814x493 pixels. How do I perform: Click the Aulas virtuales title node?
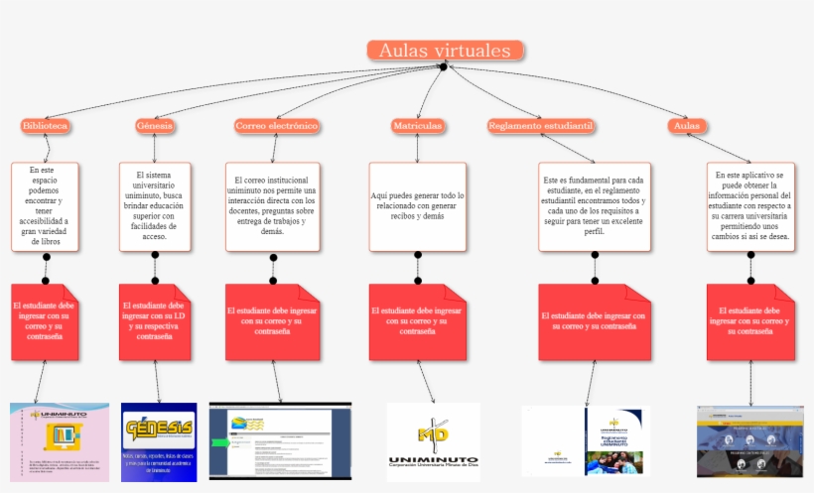coord(445,51)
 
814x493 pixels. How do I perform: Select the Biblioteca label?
coord(45,126)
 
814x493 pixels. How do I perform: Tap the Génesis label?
coord(154,126)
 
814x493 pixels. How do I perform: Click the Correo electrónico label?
coord(277,126)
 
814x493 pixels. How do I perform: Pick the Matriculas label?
coord(417,126)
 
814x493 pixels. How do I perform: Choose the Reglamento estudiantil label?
coord(541,126)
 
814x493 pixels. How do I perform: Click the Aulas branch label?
coord(686,126)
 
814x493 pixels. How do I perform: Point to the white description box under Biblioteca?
coord(45,206)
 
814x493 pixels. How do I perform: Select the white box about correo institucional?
coord(273,206)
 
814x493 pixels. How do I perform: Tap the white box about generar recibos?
coord(417,206)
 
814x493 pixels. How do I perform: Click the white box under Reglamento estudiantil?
coord(595,206)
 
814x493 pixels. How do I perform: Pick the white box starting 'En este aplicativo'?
coord(750,206)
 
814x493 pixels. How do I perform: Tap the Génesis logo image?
coord(159,442)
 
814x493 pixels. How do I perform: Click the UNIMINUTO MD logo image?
coord(433,441)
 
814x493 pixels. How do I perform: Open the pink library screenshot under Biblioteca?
coord(60,441)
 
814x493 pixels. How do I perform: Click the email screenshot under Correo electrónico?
coord(280,441)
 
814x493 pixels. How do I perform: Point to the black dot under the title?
coord(444,66)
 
